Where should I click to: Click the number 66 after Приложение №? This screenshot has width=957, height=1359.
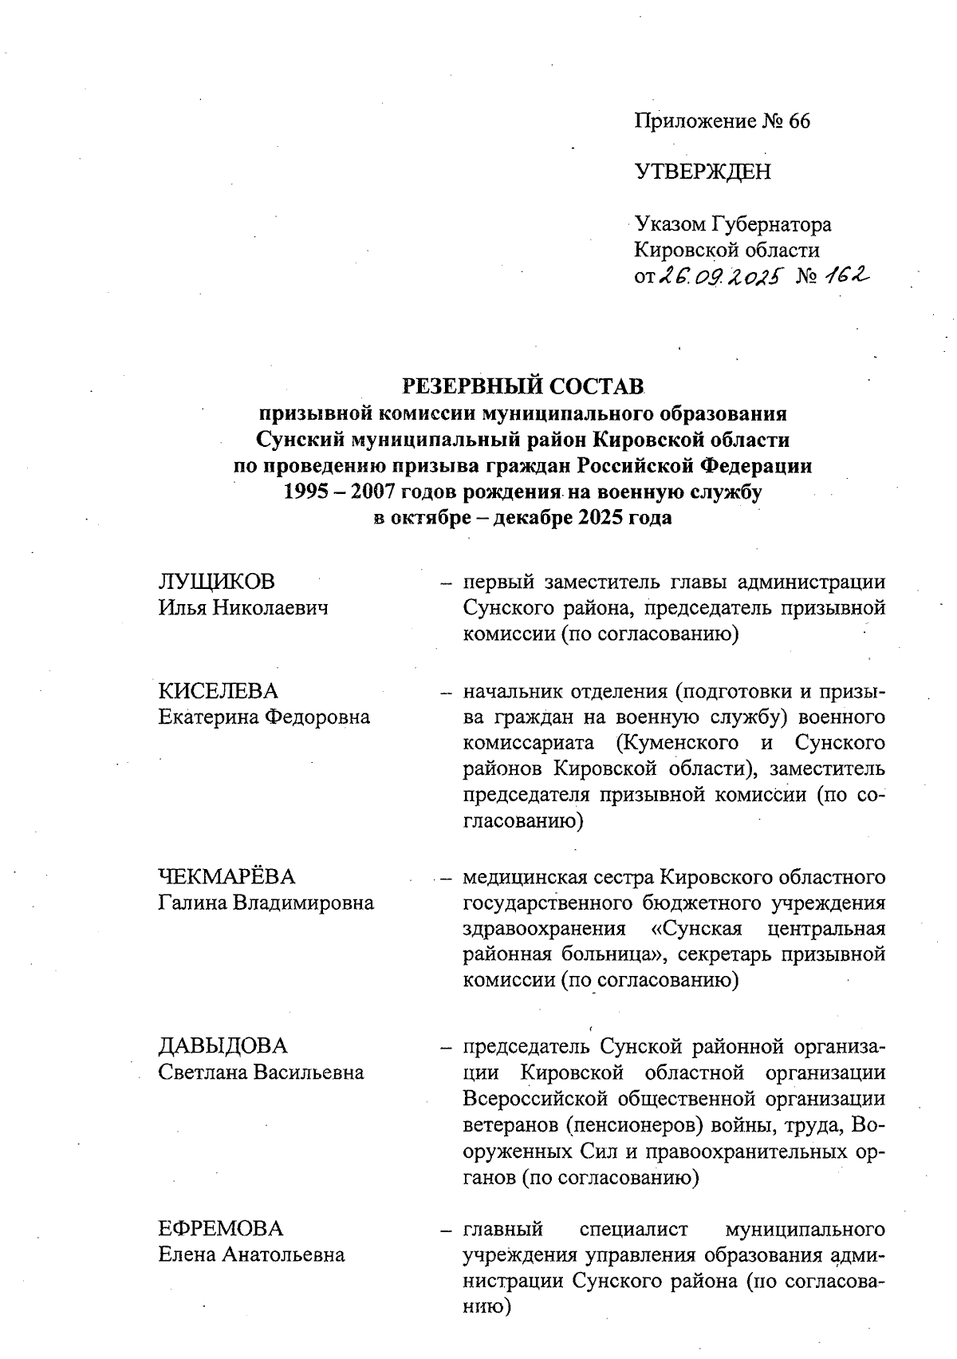tap(798, 121)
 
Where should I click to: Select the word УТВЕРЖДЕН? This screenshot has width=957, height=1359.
tap(703, 172)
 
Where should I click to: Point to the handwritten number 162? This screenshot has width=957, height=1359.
tap(847, 275)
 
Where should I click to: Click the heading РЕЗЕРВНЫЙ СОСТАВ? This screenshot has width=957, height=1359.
tap(522, 386)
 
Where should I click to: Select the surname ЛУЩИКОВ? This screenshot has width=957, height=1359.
tap(217, 582)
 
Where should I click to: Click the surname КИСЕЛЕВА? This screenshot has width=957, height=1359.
tap(219, 690)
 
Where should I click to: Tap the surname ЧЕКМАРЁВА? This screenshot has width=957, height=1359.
tap(226, 877)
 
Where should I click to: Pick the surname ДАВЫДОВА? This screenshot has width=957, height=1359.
tap(223, 1045)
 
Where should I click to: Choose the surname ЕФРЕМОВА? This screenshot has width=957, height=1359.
tap(221, 1228)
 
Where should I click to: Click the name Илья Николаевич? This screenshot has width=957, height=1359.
tap(243, 609)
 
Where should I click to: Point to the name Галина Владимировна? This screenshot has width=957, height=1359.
tap(266, 903)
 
